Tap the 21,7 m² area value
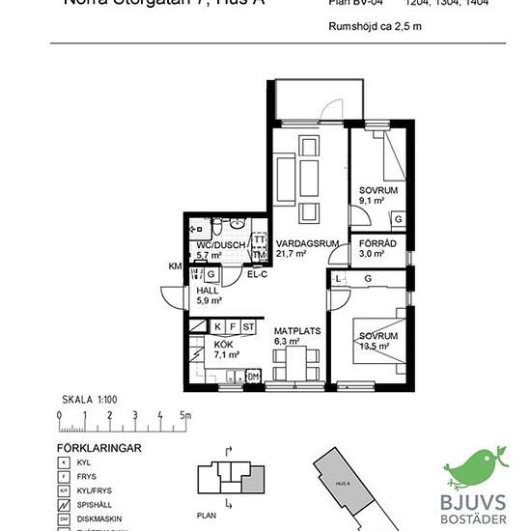pyautogui.click(x=292, y=254)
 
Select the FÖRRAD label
pyautogui.click(x=377, y=243)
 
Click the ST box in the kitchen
pyautogui.click(x=248, y=327)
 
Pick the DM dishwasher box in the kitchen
pyautogui.click(x=253, y=376)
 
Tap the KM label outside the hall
pyautogui.click(x=175, y=265)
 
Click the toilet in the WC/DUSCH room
pyautogui.click(x=218, y=229)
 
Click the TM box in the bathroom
pyautogui.click(x=259, y=255)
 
